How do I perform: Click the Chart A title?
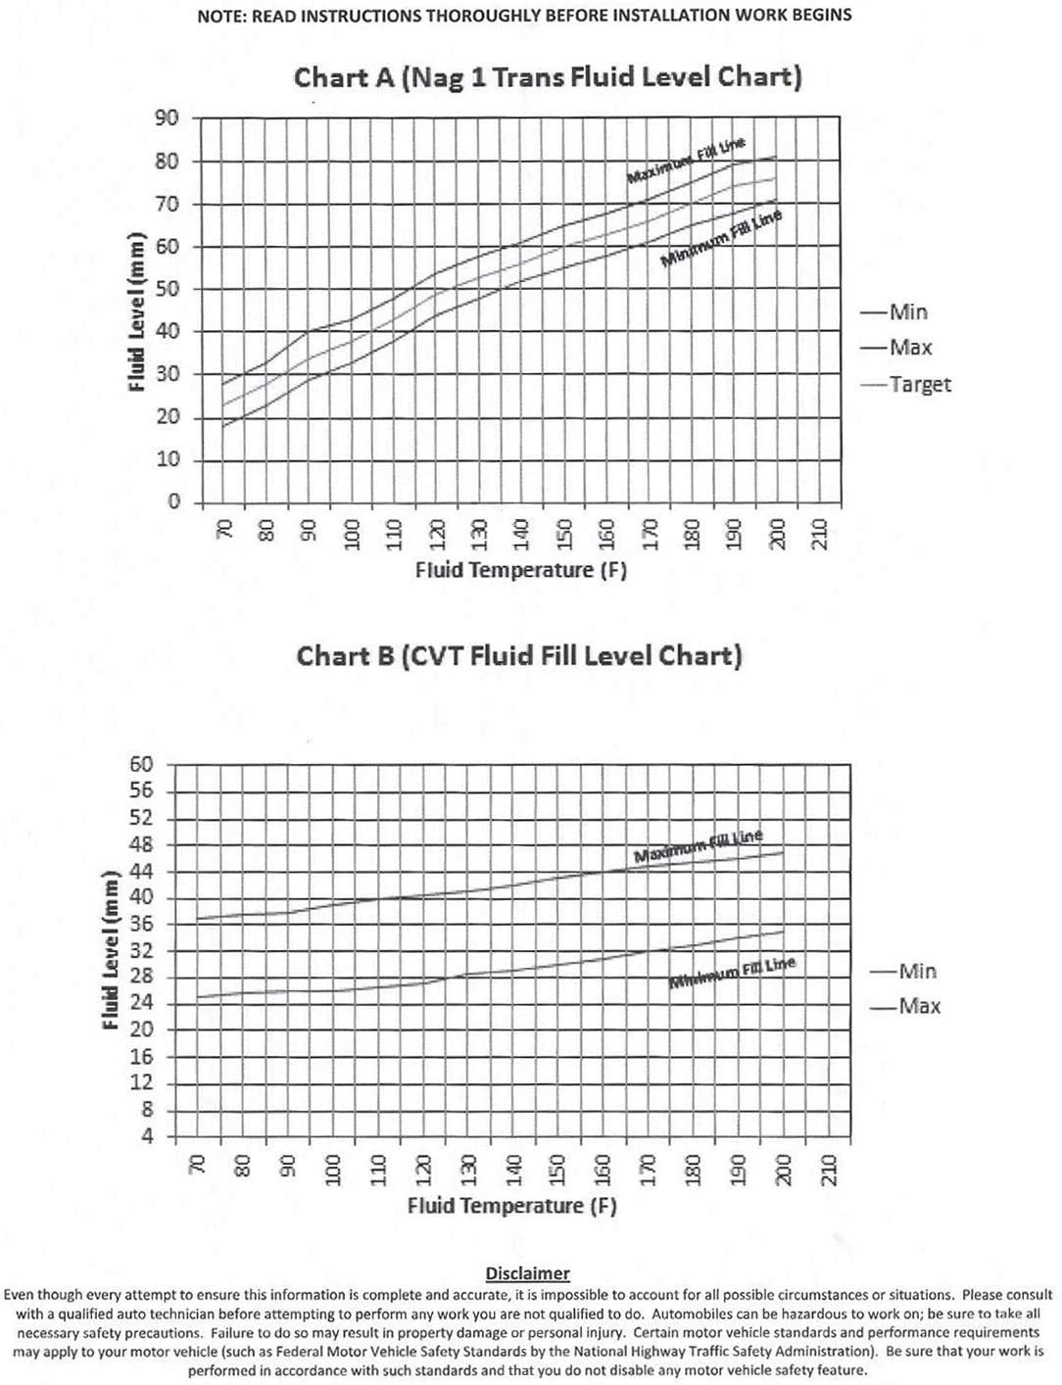548,77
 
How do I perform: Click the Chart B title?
519,655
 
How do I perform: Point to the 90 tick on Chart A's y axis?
167,119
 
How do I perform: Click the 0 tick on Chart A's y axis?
173,501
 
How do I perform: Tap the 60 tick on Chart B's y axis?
142,764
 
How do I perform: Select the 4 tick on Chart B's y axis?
148,1136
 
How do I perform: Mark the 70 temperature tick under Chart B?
196,1165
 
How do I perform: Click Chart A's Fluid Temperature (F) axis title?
520,570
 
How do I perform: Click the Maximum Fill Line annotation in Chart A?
686,161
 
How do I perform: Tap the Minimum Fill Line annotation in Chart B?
732,973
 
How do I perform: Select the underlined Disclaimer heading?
527,1273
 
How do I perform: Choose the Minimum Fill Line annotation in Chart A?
721,239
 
